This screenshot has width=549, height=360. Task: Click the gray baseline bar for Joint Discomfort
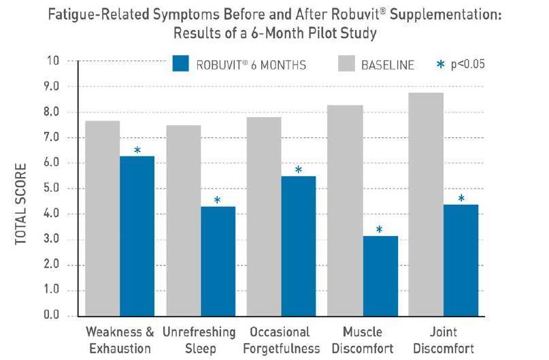coord(426,205)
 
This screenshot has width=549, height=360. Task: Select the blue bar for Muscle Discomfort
coord(380,276)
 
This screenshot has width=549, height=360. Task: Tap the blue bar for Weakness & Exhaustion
coord(137,236)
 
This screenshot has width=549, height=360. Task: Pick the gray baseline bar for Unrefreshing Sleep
coord(184,220)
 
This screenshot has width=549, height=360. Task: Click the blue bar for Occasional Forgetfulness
coord(298,246)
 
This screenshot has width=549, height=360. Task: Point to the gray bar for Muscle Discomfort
coord(345,210)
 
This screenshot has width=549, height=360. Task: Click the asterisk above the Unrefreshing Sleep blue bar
coord(217,200)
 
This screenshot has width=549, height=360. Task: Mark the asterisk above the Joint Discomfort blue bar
coord(461,198)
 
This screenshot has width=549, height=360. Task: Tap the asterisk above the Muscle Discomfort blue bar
coord(380,230)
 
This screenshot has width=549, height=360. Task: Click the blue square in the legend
coord(181,63)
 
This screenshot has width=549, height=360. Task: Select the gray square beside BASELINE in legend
coord(347,63)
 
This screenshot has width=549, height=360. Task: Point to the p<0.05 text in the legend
coord(468,64)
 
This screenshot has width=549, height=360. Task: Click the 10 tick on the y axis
coord(53,61)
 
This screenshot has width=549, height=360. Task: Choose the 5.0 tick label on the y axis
coord(52,189)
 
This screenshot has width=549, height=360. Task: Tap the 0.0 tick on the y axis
coord(52,314)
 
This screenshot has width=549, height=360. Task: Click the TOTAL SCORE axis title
coord(21,204)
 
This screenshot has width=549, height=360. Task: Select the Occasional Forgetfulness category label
coord(281,340)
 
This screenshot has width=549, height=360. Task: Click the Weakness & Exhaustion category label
coord(120,340)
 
